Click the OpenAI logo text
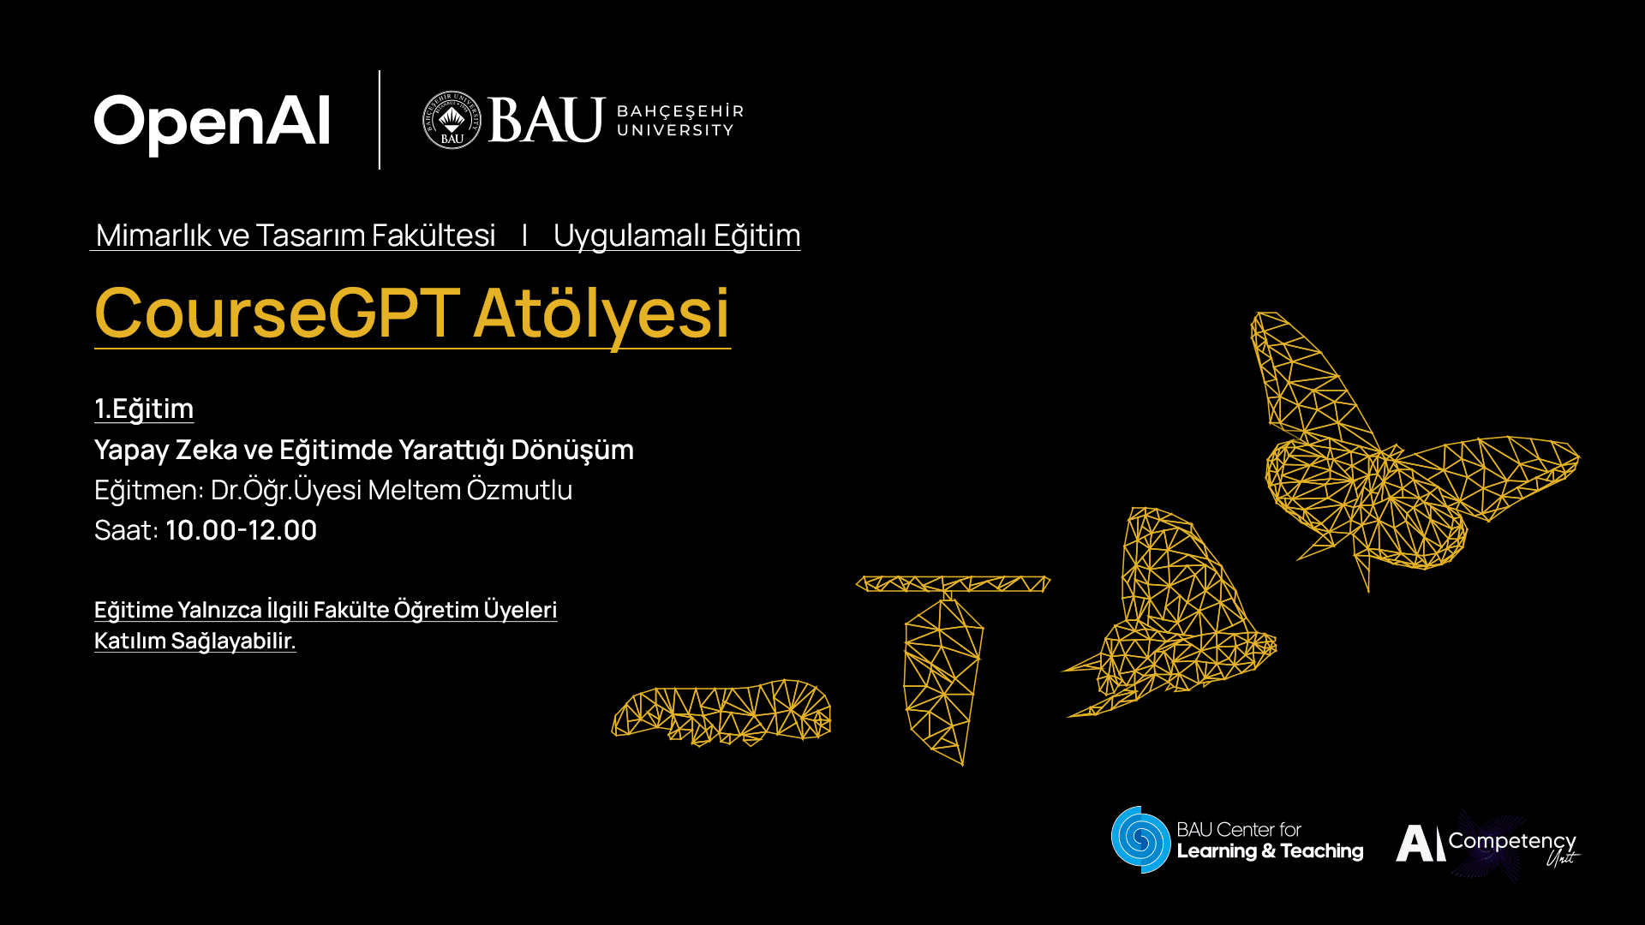[212, 122]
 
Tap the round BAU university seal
[452, 120]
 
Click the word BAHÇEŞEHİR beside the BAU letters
[679, 111]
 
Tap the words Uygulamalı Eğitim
[676, 235]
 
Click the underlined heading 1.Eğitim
[144, 409]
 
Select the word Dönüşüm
[572, 450]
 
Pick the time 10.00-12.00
[241, 530]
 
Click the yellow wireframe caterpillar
[721, 713]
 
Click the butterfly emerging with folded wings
[1174, 617]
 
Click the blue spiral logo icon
[1140, 839]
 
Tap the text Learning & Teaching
[1270, 851]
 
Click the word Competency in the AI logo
[1511, 841]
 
